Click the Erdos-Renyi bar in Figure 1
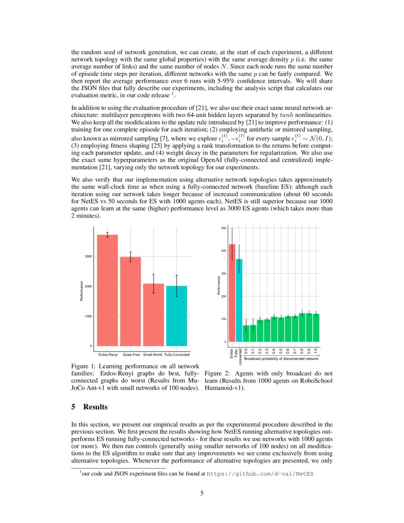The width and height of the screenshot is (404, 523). pyautogui.click(x=107, y=290)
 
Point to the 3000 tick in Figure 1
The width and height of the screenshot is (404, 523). pyautogui.click(x=88, y=256)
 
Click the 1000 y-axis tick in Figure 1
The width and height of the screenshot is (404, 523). pyautogui.click(x=88, y=316)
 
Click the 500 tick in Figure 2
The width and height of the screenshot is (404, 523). pyautogui.click(x=223, y=229)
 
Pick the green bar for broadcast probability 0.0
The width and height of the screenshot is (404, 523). pyautogui.click(x=246, y=333)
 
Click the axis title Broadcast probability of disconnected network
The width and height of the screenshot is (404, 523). pyautogui.click(x=281, y=358)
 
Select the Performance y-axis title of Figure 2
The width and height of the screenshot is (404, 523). pyautogui.click(x=219, y=285)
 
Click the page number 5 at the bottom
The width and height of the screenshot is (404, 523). pyautogui.click(x=202, y=493)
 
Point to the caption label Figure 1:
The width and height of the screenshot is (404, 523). pyautogui.click(x=84, y=367)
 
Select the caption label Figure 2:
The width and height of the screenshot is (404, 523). pyautogui.click(x=217, y=374)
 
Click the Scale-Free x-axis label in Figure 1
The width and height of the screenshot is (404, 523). pyautogui.click(x=131, y=355)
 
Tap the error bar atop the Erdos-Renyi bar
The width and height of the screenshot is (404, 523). pyautogui.click(x=107, y=234)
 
